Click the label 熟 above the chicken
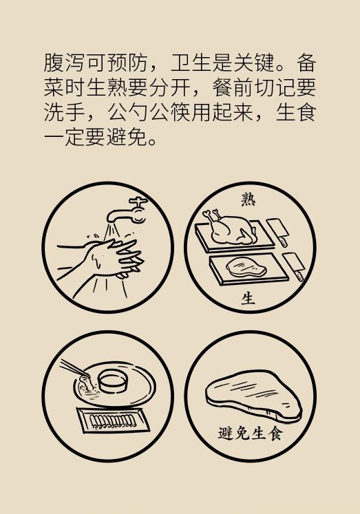pyautogui.click(x=248, y=199)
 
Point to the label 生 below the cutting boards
pyautogui.click(x=248, y=299)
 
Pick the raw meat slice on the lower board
pyautogui.click(x=242, y=268)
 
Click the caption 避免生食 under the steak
pyautogui.click(x=250, y=434)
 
